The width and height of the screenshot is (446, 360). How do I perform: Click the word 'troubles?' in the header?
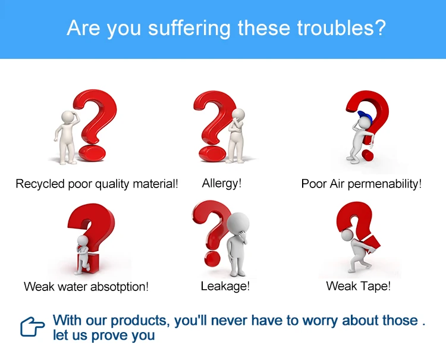pos(341,28)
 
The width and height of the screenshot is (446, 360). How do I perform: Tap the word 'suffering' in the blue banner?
pos(189,29)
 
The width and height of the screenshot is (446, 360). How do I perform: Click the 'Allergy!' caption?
pos(222,183)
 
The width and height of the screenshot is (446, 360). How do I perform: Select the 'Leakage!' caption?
pos(225,286)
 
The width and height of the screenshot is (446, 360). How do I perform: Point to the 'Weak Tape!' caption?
pos(359,286)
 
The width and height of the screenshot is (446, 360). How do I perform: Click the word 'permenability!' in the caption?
pos(385,184)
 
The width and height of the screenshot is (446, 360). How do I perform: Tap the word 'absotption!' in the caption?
pos(120,287)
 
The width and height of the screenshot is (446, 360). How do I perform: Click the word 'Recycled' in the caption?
pos(40,184)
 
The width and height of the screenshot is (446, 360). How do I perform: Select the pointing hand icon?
pos(32,327)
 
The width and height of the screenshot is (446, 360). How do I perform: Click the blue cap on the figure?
pos(365,115)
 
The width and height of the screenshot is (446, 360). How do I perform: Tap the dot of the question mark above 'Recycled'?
pos(92,154)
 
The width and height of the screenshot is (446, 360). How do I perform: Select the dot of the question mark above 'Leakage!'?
pos(212,259)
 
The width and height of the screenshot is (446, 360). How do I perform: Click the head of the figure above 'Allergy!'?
pos(238,115)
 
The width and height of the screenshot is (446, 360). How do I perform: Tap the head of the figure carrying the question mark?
pos(347,235)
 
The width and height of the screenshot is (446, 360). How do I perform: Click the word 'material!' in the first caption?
pos(155,184)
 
